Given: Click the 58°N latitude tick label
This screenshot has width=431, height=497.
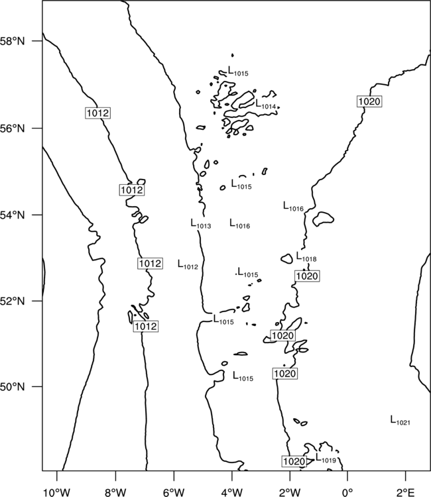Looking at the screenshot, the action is [12, 41].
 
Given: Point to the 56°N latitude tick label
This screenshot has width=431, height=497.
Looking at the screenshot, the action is [12, 129].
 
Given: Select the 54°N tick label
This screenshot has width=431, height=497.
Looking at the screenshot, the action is [12, 215].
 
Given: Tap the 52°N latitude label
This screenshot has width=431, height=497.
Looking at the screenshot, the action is [12, 301].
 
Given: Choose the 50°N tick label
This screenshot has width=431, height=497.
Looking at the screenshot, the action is [12, 387].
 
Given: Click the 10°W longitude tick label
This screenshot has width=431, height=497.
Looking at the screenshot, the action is [57, 492].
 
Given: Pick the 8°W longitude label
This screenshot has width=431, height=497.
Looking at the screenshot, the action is [115, 492].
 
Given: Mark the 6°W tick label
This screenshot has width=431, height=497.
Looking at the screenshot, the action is [174, 492].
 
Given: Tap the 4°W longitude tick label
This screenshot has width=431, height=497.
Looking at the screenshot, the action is [231, 492].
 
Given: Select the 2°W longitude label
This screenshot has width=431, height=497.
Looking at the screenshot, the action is [290, 492].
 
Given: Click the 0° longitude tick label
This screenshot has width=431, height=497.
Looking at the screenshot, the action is [347, 492].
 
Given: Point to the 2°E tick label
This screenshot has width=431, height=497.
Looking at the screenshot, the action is [406, 492].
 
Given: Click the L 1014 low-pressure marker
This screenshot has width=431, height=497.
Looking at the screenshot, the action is [266, 104].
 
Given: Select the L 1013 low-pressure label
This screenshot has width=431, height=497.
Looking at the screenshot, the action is [201, 223].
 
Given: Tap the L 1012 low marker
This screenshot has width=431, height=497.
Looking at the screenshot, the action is [188, 264].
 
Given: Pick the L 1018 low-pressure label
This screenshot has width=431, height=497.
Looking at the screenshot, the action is [306, 256].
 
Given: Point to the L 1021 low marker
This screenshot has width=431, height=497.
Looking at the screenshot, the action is [400, 420].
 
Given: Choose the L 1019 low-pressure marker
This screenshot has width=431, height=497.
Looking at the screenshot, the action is [326, 458].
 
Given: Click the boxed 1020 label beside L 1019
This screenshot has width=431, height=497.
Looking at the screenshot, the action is [294, 461].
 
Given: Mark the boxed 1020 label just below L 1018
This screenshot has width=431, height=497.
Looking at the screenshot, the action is [307, 276].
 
